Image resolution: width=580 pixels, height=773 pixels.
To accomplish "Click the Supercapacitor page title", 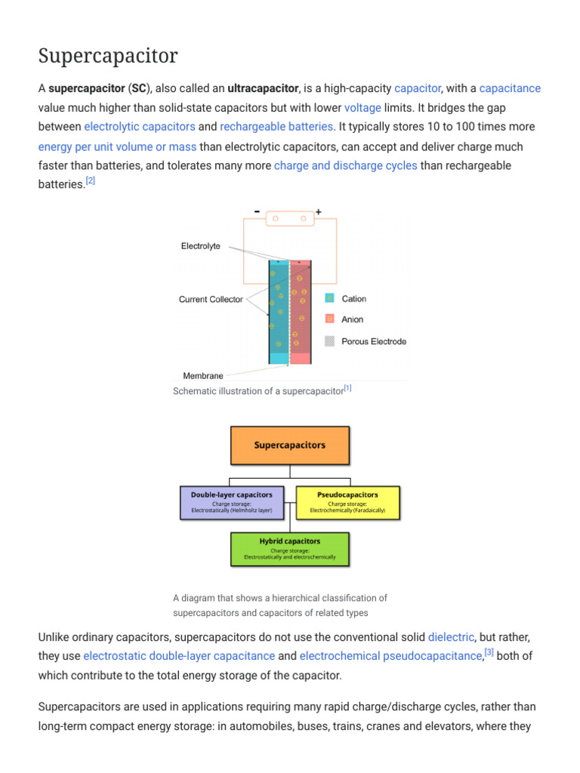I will [108, 56].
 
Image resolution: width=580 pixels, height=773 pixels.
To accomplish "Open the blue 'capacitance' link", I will [510, 88].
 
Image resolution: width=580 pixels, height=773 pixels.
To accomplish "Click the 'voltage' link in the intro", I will [362, 107].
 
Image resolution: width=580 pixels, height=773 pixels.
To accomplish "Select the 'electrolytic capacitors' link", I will [140, 126].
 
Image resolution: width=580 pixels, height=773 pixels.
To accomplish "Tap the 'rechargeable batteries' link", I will [276, 126].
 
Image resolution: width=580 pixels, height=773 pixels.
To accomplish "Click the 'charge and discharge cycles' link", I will [345, 165].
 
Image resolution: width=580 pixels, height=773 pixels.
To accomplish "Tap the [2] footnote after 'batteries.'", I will [90, 180].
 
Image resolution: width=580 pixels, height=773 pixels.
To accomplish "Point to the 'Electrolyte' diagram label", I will [201, 246].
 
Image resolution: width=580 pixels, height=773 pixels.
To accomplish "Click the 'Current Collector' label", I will [211, 300].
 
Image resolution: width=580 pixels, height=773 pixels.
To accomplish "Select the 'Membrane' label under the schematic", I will [203, 375].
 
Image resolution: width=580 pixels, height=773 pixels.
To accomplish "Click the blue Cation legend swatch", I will [329, 299].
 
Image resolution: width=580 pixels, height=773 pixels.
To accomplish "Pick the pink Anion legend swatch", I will [329, 319].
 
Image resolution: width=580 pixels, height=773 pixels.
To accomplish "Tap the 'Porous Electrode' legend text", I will [374, 341].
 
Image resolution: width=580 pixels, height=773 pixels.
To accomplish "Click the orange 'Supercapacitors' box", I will [290, 445].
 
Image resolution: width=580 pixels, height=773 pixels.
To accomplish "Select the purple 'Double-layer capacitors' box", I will [232, 502].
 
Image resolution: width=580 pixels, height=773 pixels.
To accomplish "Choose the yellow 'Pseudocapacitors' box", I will [347, 502].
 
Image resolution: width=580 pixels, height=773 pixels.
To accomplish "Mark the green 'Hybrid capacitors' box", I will [290, 549].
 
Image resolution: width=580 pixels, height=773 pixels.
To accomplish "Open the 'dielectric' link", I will [451, 637].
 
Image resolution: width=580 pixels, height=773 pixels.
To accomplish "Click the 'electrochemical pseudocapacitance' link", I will [390, 656].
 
